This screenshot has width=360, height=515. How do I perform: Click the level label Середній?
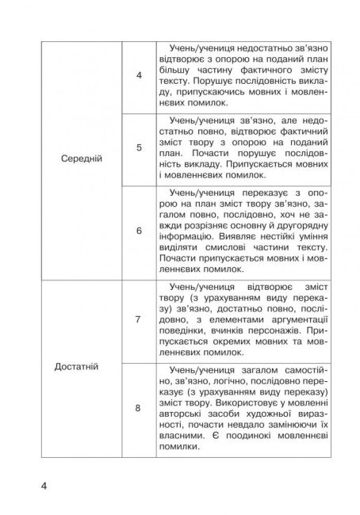pyautogui.click(x=82, y=158)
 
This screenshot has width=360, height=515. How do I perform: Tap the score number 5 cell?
pyautogui.click(x=139, y=148)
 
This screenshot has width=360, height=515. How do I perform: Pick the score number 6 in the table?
pyautogui.click(x=139, y=231)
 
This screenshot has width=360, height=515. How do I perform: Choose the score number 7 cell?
pyautogui.click(x=139, y=319)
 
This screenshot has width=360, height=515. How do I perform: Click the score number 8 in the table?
pyautogui.click(x=139, y=408)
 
